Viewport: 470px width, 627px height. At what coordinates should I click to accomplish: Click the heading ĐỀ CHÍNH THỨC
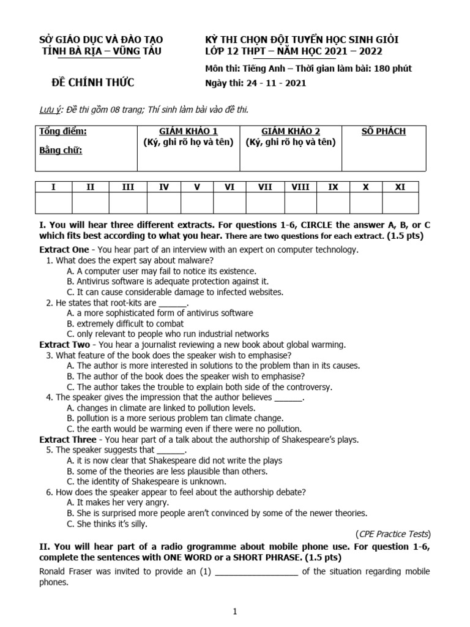94,83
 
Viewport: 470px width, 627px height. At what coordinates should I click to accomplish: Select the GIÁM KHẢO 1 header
188,131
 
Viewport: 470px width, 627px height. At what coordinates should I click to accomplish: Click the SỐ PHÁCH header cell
384,131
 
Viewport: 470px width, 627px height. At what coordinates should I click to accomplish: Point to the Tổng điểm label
63,131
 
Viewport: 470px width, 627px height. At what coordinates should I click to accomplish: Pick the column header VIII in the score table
300,187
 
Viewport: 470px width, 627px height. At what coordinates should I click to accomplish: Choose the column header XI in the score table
400,187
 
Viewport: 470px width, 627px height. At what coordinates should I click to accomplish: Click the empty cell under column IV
164,203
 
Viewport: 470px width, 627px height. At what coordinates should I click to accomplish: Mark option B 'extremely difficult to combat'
125,323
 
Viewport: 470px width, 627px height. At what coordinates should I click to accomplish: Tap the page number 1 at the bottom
235,611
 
